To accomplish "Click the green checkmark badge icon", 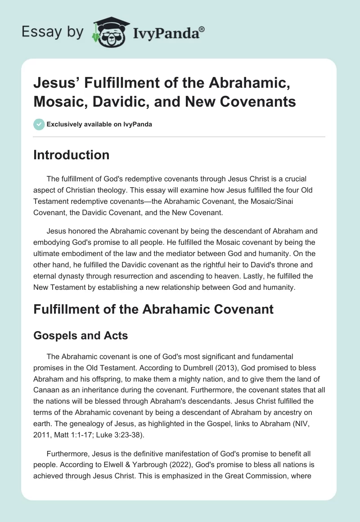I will (39, 124).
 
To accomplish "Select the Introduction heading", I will (72, 155).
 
